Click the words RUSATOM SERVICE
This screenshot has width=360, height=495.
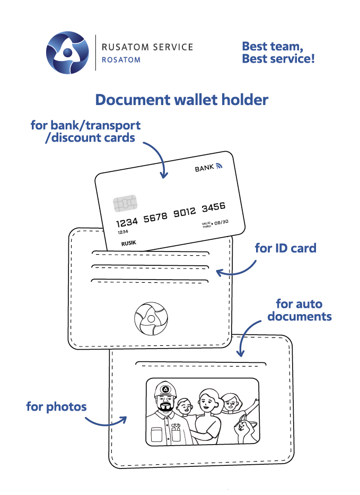click(147, 47)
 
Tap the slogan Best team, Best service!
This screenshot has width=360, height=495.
click(278, 53)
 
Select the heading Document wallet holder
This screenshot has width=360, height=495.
click(181, 100)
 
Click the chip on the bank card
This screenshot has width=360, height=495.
click(125, 203)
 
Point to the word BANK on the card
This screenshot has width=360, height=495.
click(204, 168)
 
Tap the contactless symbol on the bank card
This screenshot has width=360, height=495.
click(219, 167)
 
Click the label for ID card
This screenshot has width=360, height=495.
click(285, 248)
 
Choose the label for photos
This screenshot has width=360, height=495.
click(56, 407)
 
